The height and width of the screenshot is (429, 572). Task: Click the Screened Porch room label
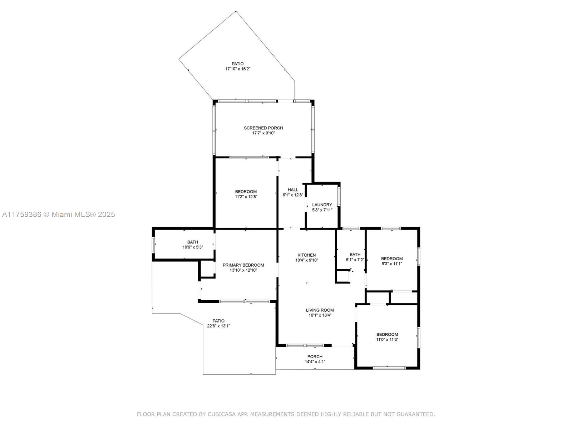(x=263, y=128)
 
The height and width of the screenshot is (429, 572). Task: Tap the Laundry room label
(x=322, y=205)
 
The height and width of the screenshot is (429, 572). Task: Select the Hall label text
(x=293, y=190)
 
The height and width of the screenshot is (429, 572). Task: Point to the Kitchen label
(x=306, y=255)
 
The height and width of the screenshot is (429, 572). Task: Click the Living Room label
(x=320, y=310)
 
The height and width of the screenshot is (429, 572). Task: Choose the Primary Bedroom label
(x=243, y=265)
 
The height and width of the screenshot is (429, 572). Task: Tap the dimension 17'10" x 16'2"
(x=238, y=69)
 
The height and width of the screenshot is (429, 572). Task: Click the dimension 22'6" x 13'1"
(x=218, y=326)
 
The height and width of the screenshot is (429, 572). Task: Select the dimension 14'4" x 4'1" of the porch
(x=315, y=361)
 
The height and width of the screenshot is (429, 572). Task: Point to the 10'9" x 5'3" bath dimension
(x=193, y=247)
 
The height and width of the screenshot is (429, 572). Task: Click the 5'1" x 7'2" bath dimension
(x=355, y=260)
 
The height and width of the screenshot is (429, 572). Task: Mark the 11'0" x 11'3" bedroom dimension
(x=387, y=339)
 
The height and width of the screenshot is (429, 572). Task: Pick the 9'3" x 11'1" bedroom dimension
(x=392, y=263)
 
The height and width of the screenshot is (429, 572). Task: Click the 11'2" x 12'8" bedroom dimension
(x=246, y=197)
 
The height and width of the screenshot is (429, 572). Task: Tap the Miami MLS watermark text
(x=58, y=214)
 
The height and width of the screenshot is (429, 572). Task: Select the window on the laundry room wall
(x=339, y=196)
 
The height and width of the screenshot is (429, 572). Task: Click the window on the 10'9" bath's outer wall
(x=153, y=245)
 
